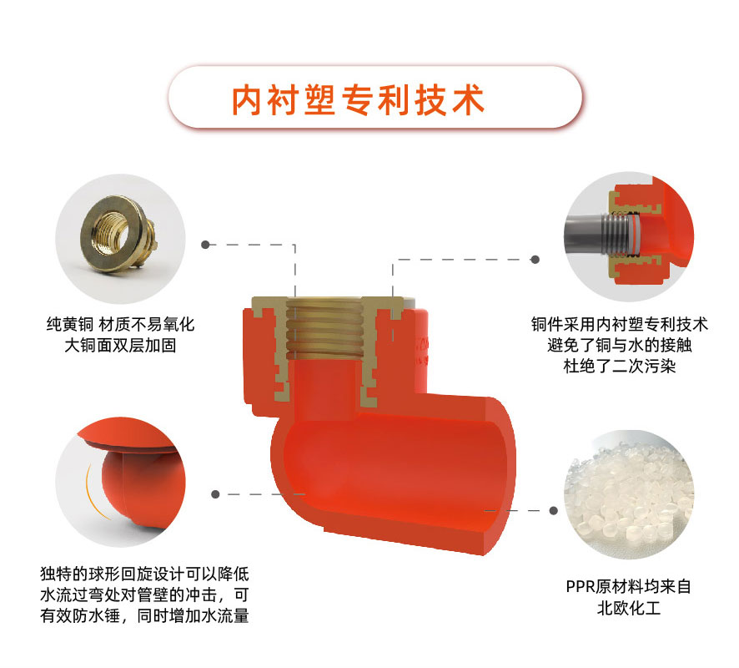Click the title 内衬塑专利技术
pyautogui.click(x=358, y=99)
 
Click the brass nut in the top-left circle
pyautogui.click(x=118, y=235)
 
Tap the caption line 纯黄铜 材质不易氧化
pyautogui.click(x=120, y=325)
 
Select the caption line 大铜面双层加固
pyautogui.click(x=120, y=346)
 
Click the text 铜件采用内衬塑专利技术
pyautogui.click(x=620, y=325)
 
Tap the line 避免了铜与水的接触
pyautogui.click(x=620, y=346)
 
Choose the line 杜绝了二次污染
pyautogui.click(x=620, y=366)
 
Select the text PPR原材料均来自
pyautogui.click(x=629, y=587)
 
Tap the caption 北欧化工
pyautogui.click(x=629, y=608)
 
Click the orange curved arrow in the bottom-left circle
pyautogui.click(x=93, y=493)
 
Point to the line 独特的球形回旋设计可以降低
pyautogui.click(x=144, y=574)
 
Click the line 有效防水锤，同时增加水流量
pyautogui.click(x=144, y=615)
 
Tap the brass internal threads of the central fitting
pyautogui.click(x=324, y=328)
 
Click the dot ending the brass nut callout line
pyautogui.click(x=205, y=245)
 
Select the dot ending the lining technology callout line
pyautogui.click(x=535, y=260)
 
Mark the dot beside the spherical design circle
pyautogui.click(x=215, y=494)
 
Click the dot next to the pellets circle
pyautogui.click(x=554, y=510)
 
